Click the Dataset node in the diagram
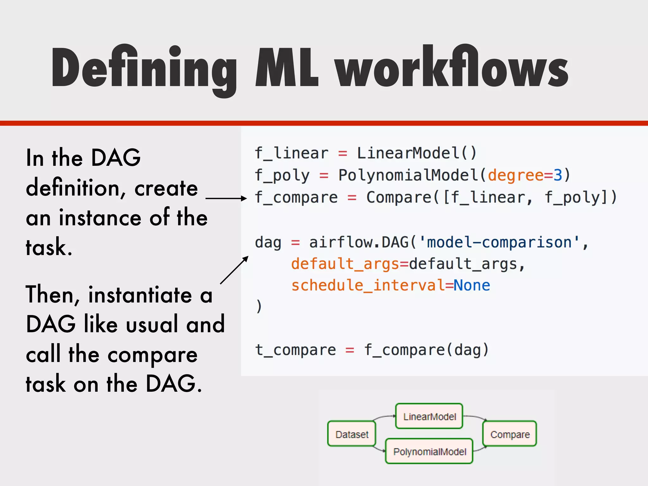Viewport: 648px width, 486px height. (x=352, y=434)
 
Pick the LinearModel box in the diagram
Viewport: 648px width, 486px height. (x=429, y=416)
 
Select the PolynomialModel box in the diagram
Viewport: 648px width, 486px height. (x=429, y=452)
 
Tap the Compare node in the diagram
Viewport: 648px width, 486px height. (x=510, y=434)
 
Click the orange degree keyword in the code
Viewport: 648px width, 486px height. (x=515, y=175)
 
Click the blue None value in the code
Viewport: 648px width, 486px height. (x=472, y=285)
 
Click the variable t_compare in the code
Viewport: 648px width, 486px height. (x=296, y=350)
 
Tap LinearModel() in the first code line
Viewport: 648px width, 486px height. (x=416, y=153)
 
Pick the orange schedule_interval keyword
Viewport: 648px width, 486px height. (x=368, y=285)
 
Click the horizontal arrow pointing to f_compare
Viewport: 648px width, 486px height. (x=226, y=198)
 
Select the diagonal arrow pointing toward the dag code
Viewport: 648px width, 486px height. (x=234, y=270)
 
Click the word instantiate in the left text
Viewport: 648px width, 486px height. (x=140, y=295)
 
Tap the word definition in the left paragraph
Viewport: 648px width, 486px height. (x=73, y=188)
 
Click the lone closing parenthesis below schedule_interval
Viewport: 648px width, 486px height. (x=259, y=306)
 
